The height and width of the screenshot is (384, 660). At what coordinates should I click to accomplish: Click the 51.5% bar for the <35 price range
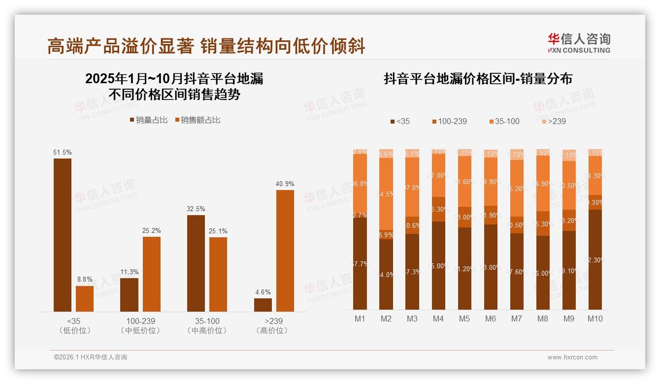click(63, 235)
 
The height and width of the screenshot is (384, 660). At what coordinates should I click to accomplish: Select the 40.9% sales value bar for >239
click(285, 251)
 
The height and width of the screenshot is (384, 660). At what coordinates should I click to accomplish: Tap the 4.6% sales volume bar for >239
click(263, 305)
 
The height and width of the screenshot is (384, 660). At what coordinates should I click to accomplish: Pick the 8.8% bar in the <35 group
click(85, 298)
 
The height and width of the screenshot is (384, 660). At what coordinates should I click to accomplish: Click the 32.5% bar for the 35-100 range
click(196, 263)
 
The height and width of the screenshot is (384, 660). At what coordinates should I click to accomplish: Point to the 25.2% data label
click(152, 230)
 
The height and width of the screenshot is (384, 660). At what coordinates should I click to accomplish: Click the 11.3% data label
click(130, 272)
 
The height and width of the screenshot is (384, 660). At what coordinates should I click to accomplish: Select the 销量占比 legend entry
click(148, 120)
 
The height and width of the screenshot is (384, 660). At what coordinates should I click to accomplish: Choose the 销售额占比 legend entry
click(197, 120)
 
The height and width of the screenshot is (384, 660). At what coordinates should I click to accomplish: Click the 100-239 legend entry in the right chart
click(449, 121)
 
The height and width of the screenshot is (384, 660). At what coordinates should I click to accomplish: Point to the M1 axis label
click(360, 319)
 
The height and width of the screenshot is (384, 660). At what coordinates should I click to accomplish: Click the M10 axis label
click(595, 319)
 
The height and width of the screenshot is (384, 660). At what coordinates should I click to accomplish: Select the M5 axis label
click(464, 319)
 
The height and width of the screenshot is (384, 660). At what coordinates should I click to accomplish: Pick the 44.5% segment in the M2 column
click(386, 194)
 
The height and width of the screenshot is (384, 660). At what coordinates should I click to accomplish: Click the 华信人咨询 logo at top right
click(579, 43)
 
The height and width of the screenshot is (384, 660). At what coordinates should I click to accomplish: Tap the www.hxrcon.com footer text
click(572, 357)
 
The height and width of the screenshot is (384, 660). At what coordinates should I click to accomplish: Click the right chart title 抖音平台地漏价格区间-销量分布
click(478, 79)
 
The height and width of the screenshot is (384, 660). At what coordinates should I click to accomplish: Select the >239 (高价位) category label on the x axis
click(272, 326)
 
